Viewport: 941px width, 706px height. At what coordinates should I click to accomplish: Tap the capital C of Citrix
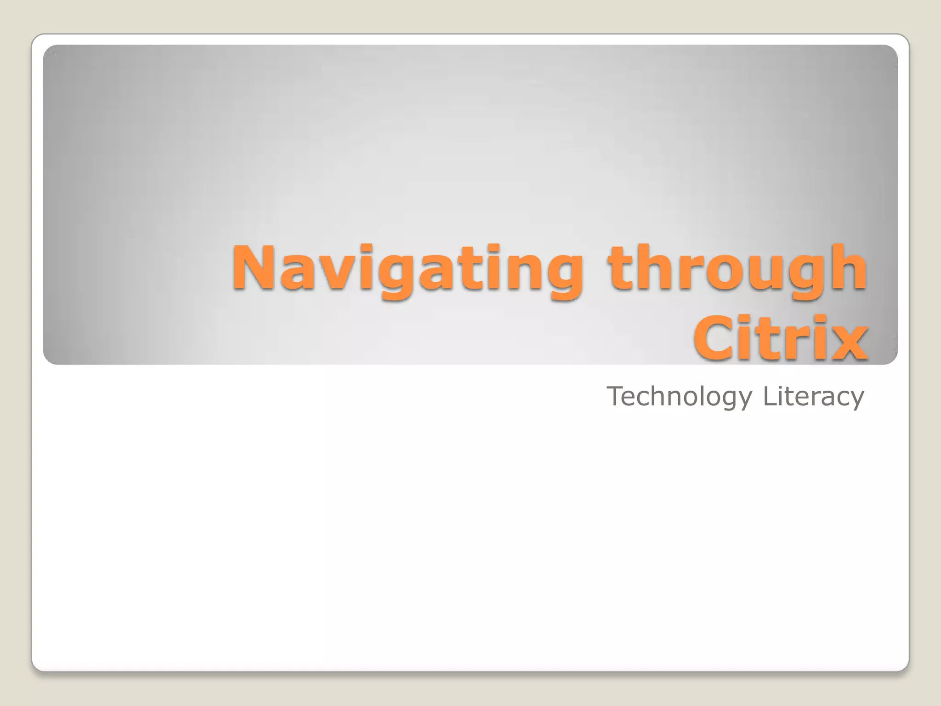click(717, 339)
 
